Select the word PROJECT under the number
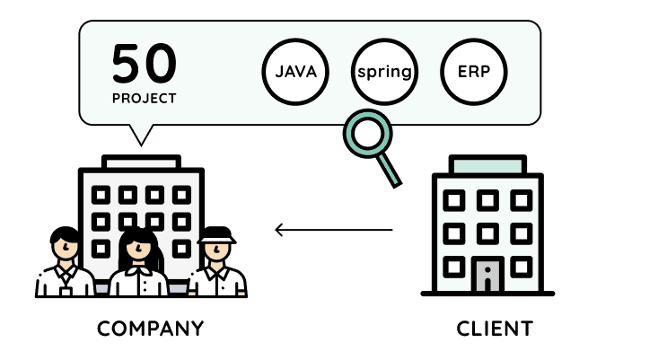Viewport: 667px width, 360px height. point(144,97)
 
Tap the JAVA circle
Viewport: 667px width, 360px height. point(294,71)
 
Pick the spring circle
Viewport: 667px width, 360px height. point(384,71)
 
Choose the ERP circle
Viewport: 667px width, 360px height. point(474,71)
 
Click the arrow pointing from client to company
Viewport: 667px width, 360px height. point(333,230)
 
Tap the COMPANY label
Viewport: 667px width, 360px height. point(150,329)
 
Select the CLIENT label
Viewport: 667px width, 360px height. point(495,329)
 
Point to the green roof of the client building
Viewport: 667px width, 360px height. point(487,165)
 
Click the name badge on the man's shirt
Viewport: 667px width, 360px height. point(65,289)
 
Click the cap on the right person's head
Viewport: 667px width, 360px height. point(215,234)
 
